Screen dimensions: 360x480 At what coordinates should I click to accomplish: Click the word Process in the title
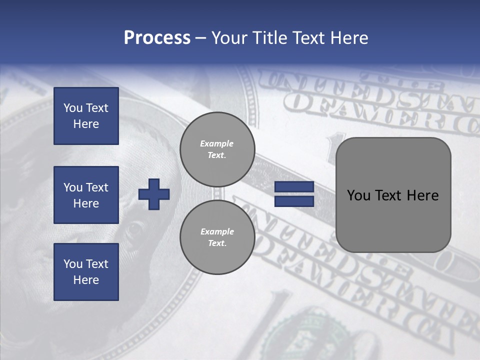click(157, 38)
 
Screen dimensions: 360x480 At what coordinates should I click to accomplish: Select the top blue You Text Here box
click(86, 116)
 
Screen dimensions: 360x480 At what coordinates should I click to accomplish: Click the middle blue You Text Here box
click(86, 195)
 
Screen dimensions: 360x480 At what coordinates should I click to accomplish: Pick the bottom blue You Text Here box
click(86, 272)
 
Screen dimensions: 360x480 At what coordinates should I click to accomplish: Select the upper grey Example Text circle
click(217, 149)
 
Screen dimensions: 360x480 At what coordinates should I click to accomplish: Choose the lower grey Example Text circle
click(217, 237)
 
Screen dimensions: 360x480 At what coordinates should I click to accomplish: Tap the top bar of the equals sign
click(294, 187)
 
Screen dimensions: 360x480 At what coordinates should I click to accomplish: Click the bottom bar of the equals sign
click(294, 201)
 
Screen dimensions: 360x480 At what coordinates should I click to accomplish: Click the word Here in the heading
click(349, 38)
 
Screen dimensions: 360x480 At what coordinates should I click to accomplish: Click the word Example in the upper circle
click(217, 143)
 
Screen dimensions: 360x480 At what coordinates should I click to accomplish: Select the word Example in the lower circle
click(217, 231)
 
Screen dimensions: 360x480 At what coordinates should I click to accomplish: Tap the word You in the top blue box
click(73, 108)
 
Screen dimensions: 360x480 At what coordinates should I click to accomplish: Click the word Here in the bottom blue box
click(86, 280)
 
